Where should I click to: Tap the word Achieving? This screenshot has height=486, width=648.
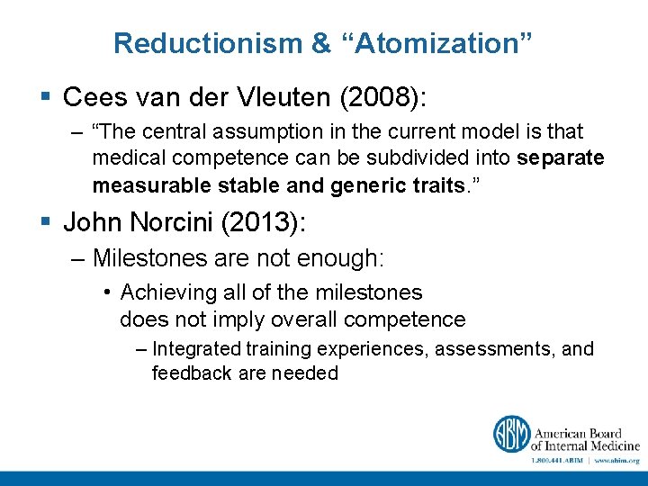click(x=167, y=292)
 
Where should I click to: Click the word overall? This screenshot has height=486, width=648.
click(x=298, y=319)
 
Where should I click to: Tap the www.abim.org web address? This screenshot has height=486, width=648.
click(x=616, y=459)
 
